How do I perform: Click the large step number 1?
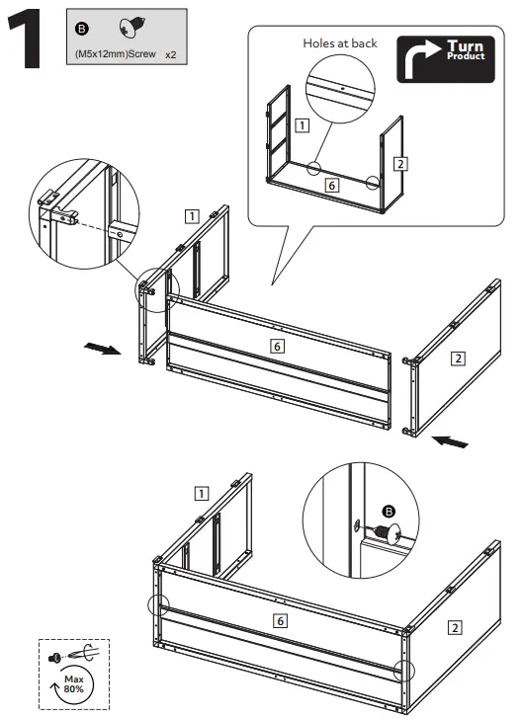pyautogui.click(x=26, y=40)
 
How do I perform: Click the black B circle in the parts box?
pyautogui.click(x=82, y=30)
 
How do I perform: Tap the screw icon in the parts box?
pyautogui.click(x=132, y=28)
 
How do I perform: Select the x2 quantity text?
pyautogui.click(x=171, y=55)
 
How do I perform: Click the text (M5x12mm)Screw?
pyautogui.click(x=116, y=54)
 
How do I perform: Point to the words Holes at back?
pyautogui.click(x=340, y=43)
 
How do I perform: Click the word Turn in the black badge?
pyautogui.click(x=465, y=46)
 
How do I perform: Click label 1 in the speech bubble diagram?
pyautogui.click(x=303, y=125)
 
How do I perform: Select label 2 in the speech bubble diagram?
pyautogui.click(x=400, y=164)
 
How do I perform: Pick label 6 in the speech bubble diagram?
pyautogui.click(x=331, y=186)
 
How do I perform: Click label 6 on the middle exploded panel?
pyautogui.click(x=277, y=347)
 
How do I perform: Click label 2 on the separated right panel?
pyautogui.click(x=458, y=359)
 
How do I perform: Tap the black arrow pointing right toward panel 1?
pyautogui.click(x=103, y=349)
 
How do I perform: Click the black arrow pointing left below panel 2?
pyautogui.click(x=450, y=441)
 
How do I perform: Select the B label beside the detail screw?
pyautogui.click(x=389, y=512)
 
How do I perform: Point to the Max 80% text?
pyautogui.click(x=74, y=684)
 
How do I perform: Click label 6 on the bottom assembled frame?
pyautogui.click(x=280, y=621)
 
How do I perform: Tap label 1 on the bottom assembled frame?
pyautogui.click(x=202, y=494)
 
